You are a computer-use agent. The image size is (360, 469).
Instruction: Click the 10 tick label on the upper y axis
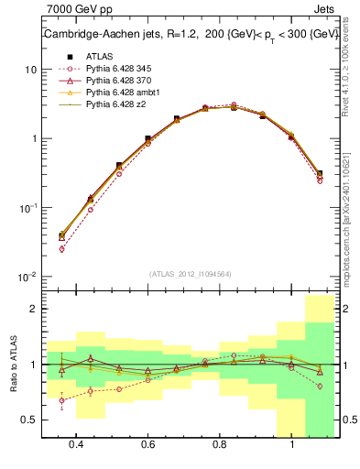(x=29, y=70)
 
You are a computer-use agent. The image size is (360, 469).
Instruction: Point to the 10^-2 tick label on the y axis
(x=27, y=277)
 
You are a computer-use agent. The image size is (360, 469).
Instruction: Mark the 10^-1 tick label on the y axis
(x=27, y=208)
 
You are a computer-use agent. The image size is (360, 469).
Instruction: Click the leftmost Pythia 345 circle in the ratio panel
(x=61, y=400)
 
